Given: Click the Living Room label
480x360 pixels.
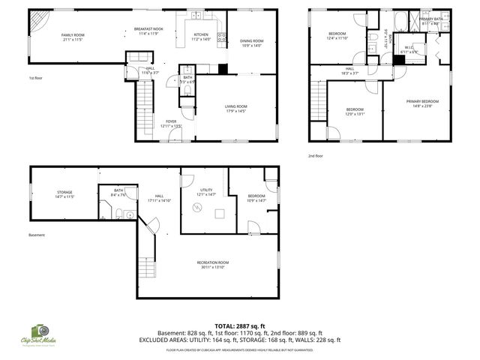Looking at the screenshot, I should [x=235, y=109].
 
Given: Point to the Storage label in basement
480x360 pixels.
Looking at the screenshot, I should [x=64, y=195].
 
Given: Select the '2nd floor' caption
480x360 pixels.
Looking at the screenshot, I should [x=316, y=156].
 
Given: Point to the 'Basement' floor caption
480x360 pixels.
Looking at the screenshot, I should [x=37, y=235].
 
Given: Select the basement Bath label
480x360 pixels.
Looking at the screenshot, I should [x=118, y=193].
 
